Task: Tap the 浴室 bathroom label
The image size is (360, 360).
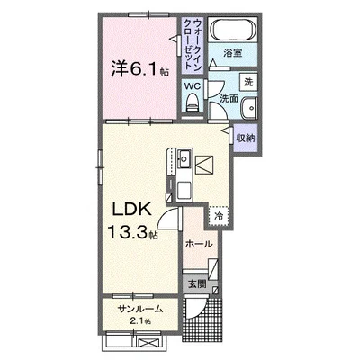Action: coord(233,53)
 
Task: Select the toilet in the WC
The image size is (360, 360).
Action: coord(192,103)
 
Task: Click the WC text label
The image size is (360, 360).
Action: coord(192,86)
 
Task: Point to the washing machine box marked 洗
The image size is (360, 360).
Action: coord(248,82)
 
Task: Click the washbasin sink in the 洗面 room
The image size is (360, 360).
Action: coord(249,107)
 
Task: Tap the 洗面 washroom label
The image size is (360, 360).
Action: coord(229,99)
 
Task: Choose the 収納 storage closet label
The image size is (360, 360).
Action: coord(246,138)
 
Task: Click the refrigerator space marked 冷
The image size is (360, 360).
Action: coord(220,215)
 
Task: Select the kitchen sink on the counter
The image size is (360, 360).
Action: coord(184,157)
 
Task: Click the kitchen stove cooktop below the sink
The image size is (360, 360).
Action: coord(184,190)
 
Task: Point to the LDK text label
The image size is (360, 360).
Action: coord(131,211)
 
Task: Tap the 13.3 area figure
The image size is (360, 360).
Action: coord(128,232)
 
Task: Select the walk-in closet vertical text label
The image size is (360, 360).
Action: coord(192,44)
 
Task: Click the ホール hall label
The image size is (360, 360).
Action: coord(199,244)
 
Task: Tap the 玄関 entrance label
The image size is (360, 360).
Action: coord(197,283)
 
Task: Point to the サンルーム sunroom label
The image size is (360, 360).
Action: coord(140,309)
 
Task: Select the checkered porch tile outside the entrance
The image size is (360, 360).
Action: coord(202,319)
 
